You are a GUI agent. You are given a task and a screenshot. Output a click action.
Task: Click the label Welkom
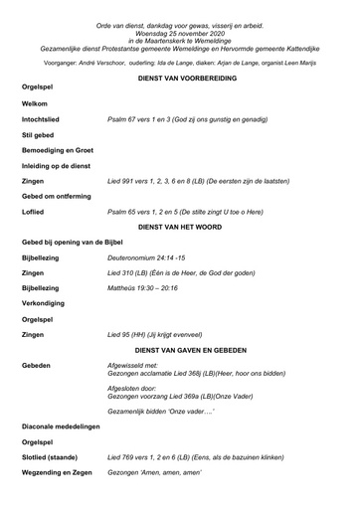(x=36, y=103)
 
